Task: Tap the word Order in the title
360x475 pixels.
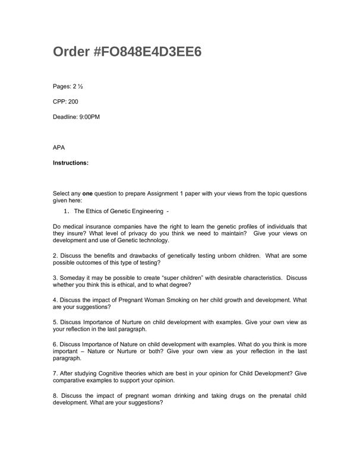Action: [71, 52]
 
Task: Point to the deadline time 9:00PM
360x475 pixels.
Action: [89, 117]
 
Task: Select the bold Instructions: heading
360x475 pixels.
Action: [71, 162]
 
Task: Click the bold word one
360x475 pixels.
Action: [87, 194]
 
